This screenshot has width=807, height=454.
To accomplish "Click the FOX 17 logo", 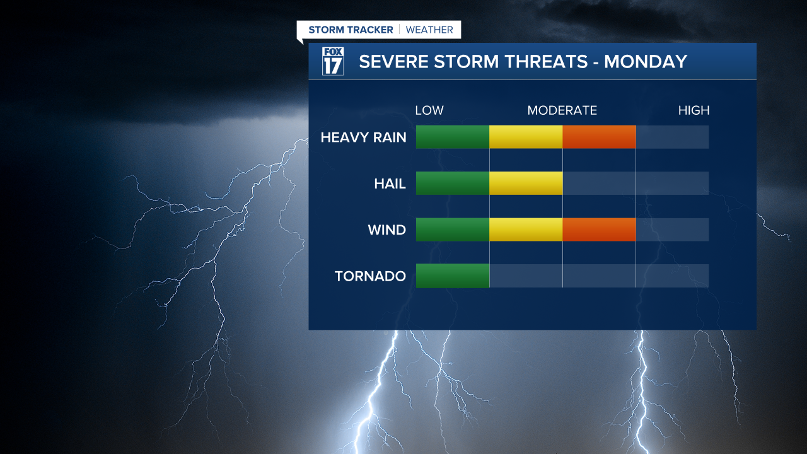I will (333, 61).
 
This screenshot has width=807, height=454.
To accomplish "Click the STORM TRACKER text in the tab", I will (351, 30).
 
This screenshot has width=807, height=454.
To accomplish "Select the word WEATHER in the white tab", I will (429, 30).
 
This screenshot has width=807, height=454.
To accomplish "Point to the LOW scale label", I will (429, 110).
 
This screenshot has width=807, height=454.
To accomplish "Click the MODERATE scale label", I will (562, 110).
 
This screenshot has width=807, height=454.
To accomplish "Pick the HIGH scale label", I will (694, 110).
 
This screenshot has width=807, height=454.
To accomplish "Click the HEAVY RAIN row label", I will (363, 137).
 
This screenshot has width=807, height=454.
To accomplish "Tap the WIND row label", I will (386, 230).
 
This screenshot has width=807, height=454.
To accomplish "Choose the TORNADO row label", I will (370, 276).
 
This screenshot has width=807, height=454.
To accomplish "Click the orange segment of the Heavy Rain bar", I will (599, 137).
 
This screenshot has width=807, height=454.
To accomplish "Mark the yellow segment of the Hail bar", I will (526, 183).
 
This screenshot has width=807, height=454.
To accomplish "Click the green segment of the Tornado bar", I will (453, 276).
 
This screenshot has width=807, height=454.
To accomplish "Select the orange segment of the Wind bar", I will (599, 230).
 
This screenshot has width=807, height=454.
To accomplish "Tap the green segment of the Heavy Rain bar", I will (453, 137).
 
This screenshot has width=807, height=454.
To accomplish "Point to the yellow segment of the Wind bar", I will (526, 230).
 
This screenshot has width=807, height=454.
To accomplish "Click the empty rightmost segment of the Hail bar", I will (672, 183).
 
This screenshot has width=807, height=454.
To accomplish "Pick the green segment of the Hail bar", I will (453, 183).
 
